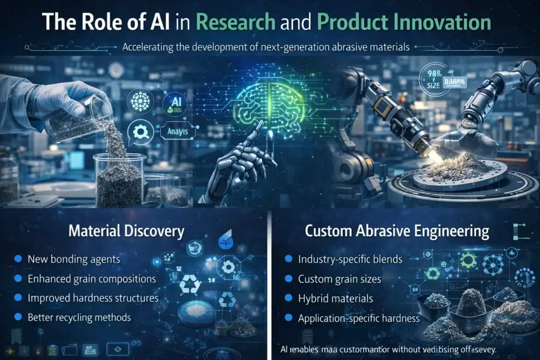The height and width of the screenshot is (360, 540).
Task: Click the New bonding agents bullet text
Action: tap(74, 259)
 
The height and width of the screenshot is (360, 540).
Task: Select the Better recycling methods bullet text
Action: tap(80, 317)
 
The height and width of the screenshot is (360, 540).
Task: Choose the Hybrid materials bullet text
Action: tap(335, 298)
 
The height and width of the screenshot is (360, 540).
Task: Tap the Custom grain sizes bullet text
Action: tap(340, 279)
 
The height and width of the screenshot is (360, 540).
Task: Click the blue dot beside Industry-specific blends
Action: tap(288, 259)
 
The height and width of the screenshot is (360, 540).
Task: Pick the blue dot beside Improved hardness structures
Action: tap(17, 298)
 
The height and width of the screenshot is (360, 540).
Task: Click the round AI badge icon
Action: tap(175, 103)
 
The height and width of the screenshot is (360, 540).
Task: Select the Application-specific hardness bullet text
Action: tap(359, 318)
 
